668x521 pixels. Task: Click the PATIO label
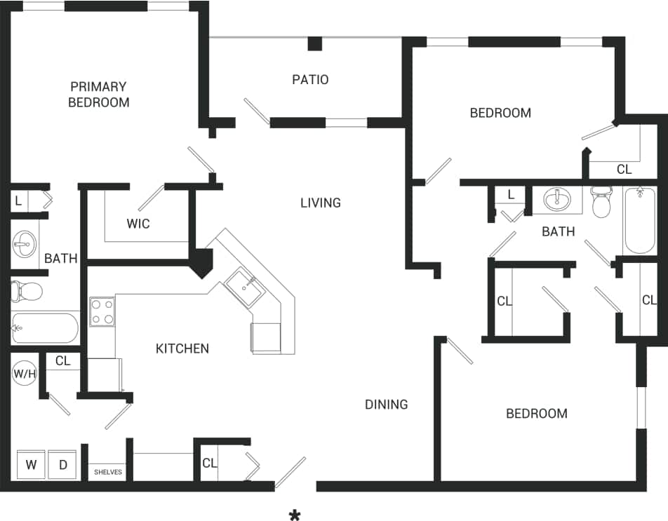(310, 79)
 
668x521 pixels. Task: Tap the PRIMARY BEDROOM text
(98, 94)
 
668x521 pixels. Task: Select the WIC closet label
(138, 224)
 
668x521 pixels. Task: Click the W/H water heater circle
(25, 374)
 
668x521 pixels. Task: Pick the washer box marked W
(32, 465)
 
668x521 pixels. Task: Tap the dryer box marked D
(62, 465)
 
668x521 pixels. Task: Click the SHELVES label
(108, 472)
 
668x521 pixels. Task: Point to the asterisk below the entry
(295, 516)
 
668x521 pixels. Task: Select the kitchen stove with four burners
(102, 312)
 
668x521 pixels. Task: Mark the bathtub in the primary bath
(44, 327)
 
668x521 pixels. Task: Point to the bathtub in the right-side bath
(640, 219)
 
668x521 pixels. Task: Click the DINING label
(387, 404)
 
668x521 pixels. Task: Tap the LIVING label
(321, 203)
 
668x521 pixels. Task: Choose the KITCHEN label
(182, 349)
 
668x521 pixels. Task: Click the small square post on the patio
(315, 43)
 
